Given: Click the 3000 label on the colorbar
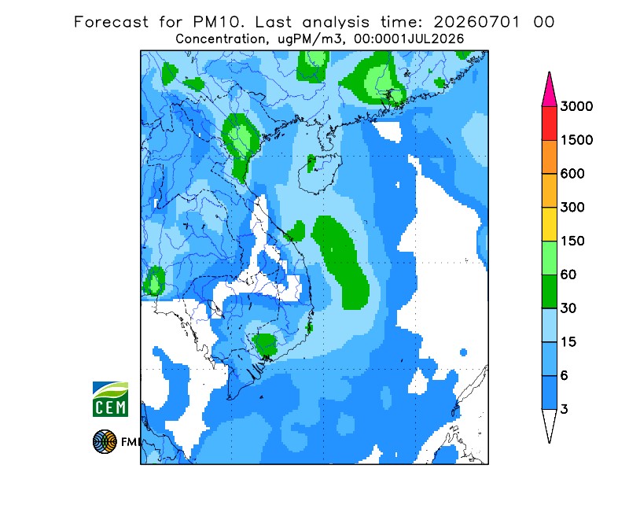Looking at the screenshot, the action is [x=576, y=106].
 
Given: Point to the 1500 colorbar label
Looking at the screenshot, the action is [x=576, y=140].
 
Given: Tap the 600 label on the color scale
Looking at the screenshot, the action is [x=572, y=174].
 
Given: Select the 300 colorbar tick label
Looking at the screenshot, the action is [x=572, y=208].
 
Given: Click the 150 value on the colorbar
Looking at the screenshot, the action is [x=572, y=241].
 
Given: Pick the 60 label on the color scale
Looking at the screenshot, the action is [x=568, y=275].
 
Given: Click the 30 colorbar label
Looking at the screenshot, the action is [x=568, y=308].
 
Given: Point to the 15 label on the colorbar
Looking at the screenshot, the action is [x=568, y=342].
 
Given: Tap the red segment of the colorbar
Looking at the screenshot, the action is [x=549, y=123].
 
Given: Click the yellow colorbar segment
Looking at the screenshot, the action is [x=549, y=224].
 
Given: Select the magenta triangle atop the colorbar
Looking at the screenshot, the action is [x=549, y=92].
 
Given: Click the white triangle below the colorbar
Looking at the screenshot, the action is [x=549, y=423].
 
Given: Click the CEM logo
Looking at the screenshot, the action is [x=110, y=399].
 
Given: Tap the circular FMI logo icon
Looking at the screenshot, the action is [x=105, y=441].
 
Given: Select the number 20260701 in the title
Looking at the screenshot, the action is [x=477, y=22].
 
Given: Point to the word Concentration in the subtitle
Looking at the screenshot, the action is [x=220, y=39].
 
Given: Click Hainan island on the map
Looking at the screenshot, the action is [x=320, y=172].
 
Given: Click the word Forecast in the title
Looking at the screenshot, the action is [x=111, y=22].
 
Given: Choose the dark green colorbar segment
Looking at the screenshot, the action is [x=549, y=292].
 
